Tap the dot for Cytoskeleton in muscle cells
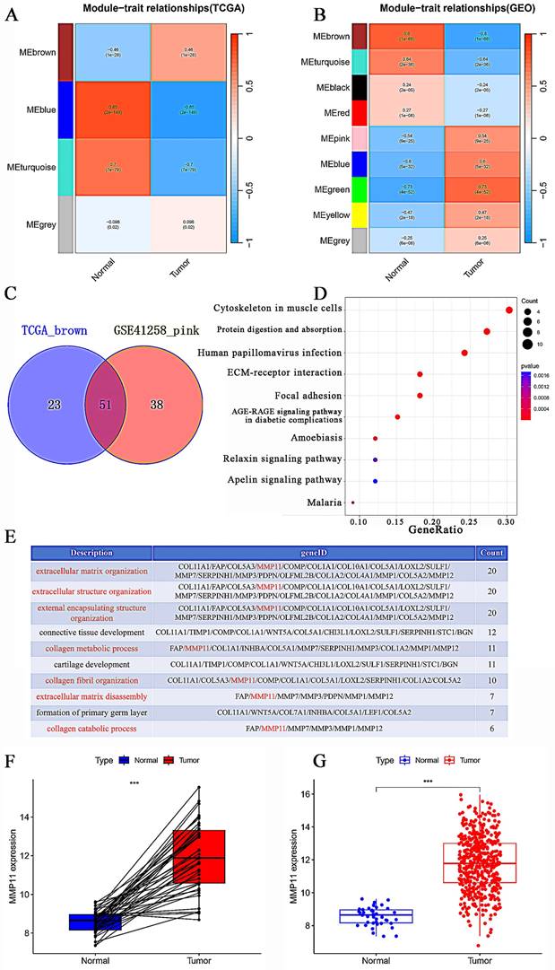pyautogui.click(x=509, y=310)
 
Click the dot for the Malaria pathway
pyautogui.click(x=353, y=502)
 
